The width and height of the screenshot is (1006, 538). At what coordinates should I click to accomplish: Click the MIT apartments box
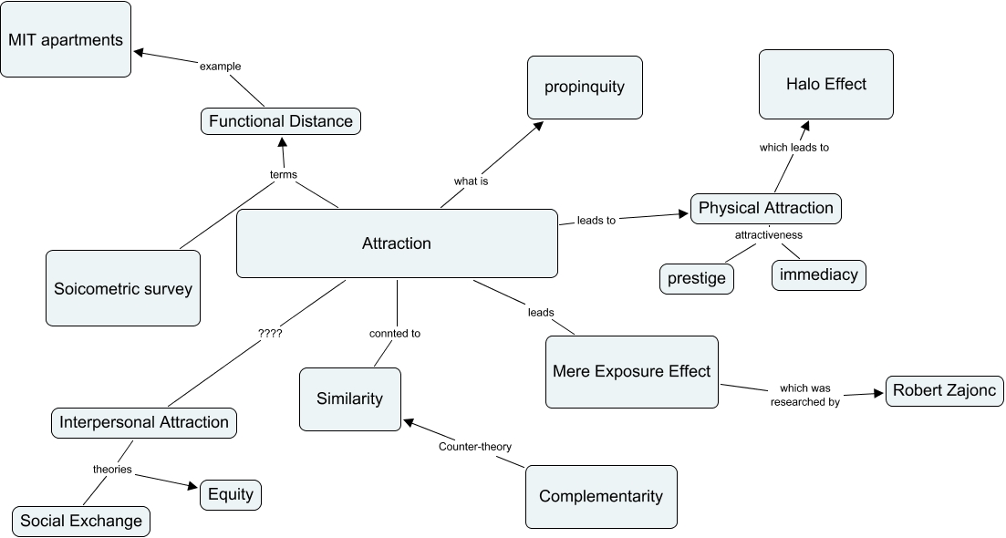[66, 39]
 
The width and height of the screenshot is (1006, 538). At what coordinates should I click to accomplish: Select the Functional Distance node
[280, 121]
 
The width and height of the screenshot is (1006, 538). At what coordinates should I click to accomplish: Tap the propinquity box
[585, 88]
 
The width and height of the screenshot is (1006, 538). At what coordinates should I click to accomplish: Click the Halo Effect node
[825, 84]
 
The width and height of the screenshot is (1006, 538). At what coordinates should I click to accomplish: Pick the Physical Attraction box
[765, 208]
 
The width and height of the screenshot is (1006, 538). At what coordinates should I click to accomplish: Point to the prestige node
[697, 278]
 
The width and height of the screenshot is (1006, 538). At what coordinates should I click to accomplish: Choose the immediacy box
[818, 274]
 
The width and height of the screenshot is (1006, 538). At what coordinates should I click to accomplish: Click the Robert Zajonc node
[945, 391]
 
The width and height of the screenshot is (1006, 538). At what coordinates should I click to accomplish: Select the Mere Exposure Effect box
[631, 371]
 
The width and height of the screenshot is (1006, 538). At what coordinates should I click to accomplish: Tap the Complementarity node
[601, 496]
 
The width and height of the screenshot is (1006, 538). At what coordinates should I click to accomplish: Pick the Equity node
[230, 495]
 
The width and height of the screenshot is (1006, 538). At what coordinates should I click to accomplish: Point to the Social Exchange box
[81, 522]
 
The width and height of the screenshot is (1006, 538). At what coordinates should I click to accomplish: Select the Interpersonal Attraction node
[143, 422]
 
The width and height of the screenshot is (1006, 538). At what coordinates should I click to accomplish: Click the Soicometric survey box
[123, 288]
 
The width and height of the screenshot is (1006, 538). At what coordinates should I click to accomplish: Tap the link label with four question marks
[271, 334]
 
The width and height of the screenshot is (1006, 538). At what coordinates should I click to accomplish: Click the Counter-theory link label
[474, 447]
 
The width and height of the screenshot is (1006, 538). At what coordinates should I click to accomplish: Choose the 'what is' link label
[471, 181]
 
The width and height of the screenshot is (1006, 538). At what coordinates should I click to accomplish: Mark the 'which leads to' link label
[793, 147]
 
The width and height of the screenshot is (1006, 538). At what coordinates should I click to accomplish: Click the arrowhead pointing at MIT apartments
[139, 52]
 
